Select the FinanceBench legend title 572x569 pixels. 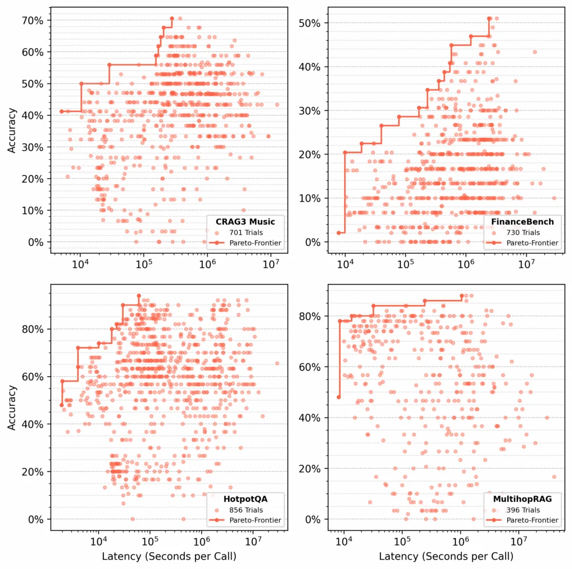coord(522,222)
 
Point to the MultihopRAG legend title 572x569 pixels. coord(522,499)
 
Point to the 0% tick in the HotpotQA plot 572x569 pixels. coord(35,519)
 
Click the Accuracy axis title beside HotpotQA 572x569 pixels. coord(12,408)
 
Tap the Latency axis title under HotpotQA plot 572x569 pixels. coord(169,557)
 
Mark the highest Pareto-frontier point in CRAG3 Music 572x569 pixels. coord(172,18)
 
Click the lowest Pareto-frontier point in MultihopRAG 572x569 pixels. coord(339,397)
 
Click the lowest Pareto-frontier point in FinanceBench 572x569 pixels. coord(339,233)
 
